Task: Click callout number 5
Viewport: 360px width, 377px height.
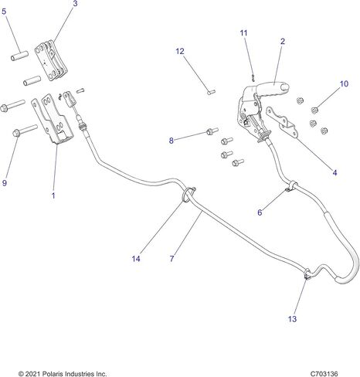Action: pyautogui.click(x=4, y=12)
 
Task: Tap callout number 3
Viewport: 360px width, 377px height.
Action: pyautogui.click(x=75, y=4)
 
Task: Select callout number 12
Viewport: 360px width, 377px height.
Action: pyautogui.click(x=180, y=52)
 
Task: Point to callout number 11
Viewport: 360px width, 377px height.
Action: pyautogui.click(x=243, y=33)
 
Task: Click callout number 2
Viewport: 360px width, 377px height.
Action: pyautogui.click(x=283, y=41)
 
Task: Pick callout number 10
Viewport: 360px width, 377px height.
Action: pyautogui.click(x=344, y=83)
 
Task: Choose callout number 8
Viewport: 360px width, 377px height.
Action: pyautogui.click(x=172, y=141)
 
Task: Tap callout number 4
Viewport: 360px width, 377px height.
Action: pyautogui.click(x=335, y=172)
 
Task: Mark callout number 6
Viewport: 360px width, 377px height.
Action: pyautogui.click(x=260, y=212)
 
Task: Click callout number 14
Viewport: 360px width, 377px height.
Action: pyautogui.click(x=136, y=259)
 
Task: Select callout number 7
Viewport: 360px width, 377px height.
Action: pyautogui.click(x=172, y=259)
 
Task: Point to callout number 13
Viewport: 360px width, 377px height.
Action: pyautogui.click(x=292, y=319)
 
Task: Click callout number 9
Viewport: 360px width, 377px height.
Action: pyautogui.click(x=5, y=183)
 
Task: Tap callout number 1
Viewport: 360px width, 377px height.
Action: pyautogui.click(x=53, y=195)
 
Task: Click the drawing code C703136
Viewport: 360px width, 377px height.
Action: pyautogui.click(x=324, y=373)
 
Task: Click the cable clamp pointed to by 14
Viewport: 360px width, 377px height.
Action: pyautogui.click(x=188, y=194)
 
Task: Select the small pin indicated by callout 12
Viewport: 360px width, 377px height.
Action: pyautogui.click(x=212, y=92)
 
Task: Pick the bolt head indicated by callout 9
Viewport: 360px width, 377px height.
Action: pyautogui.click(x=16, y=133)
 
